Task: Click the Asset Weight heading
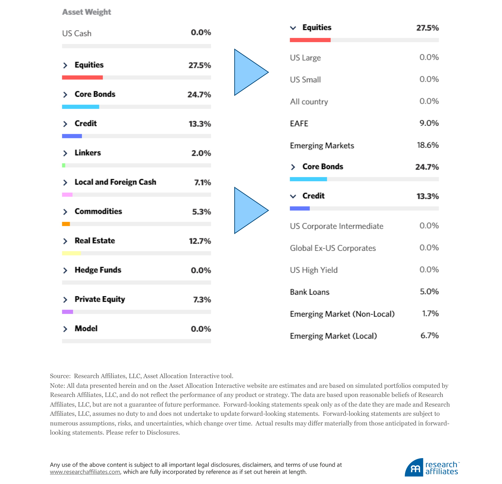(x=87, y=12)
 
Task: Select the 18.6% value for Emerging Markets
(x=428, y=145)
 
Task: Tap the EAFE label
(x=299, y=123)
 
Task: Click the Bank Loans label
(x=310, y=292)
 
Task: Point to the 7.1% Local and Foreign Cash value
(x=203, y=182)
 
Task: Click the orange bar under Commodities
(x=66, y=224)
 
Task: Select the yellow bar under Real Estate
(x=71, y=253)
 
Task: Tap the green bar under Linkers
(x=64, y=165)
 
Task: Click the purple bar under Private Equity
(x=67, y=312)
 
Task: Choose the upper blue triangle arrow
(x=248, y=72)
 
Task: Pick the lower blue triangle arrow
(x=248, y=210)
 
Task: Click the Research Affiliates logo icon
(x=414, y=468)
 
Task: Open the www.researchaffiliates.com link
(x=85, y=472)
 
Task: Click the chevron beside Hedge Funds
(x=65, y=270)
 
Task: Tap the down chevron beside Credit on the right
(x=293, y=196)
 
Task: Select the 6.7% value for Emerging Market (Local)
(x=430, y=335)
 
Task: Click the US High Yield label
(x=314, y=270)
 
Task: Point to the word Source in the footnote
(x=60, y=376)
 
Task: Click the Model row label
(x=86, y=328)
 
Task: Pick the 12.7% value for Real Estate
(x=200, y=241)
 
